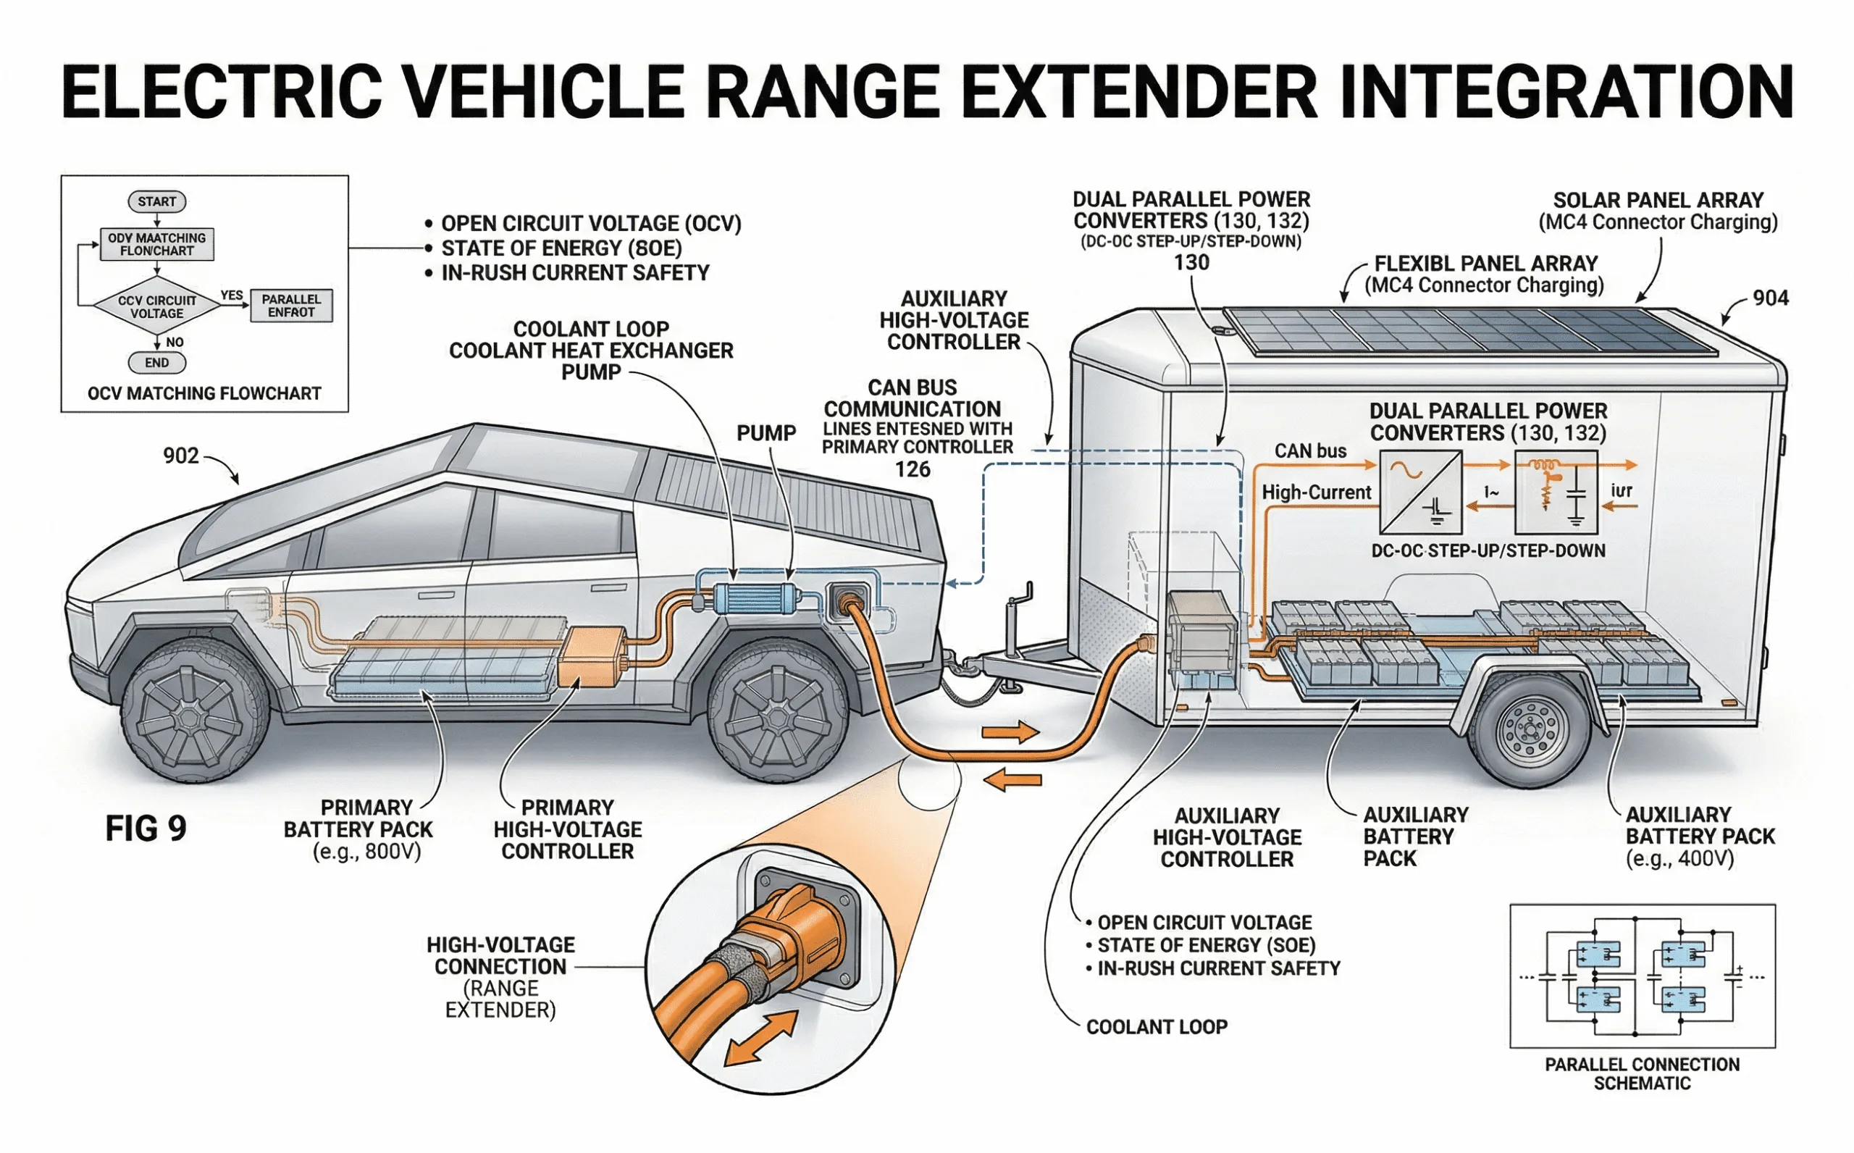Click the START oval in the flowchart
[x=156, y=201]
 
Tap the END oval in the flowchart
[x=156, y=363]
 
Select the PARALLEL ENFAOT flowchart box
[x=291, y=306]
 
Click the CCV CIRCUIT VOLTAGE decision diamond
[x=156, y=306]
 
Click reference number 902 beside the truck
[x=180, y=456]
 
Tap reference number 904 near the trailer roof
[x=1770, y=298]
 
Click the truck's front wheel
[x=194, y=715]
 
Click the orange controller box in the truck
[x=592, y=657]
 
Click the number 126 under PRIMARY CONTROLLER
[x=913, y=469]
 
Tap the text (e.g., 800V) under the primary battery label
[x=366, y=852]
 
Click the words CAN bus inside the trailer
[x=1309, y=450]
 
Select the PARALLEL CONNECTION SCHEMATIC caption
[x=1642, y=1073]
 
